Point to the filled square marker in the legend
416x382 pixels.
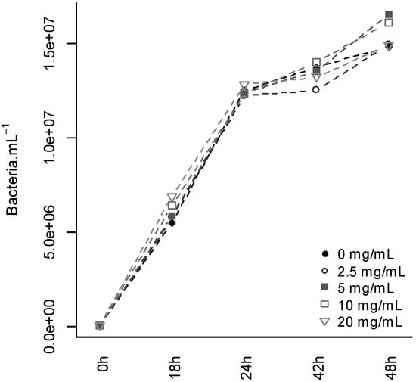coord(324,288)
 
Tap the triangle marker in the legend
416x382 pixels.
coord(324,322)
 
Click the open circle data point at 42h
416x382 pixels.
coord(316,90)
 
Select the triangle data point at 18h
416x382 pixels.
coord(172,198)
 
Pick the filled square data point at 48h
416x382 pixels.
coord(389,14)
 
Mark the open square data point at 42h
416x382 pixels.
coord(316,62)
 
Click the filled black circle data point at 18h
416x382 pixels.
coord(172,223)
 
